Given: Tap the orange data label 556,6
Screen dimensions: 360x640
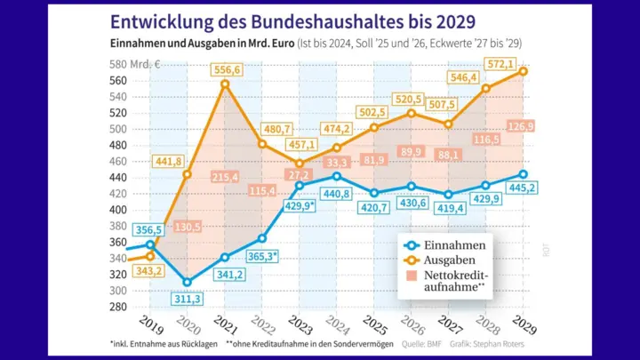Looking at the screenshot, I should (227, 68).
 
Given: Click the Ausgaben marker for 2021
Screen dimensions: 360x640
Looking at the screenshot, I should (226, 84).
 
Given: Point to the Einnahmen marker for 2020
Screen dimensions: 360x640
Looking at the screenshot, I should (188, 283).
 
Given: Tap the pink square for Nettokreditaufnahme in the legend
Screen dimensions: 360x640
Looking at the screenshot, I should (409, 276).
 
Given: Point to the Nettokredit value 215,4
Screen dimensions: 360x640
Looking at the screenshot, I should (226, 178).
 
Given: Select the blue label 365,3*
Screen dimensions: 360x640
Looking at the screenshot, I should (262, 256).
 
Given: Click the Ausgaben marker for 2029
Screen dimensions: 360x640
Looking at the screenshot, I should (524, 71).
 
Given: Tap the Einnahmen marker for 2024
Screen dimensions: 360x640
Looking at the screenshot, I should (337, 176).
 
